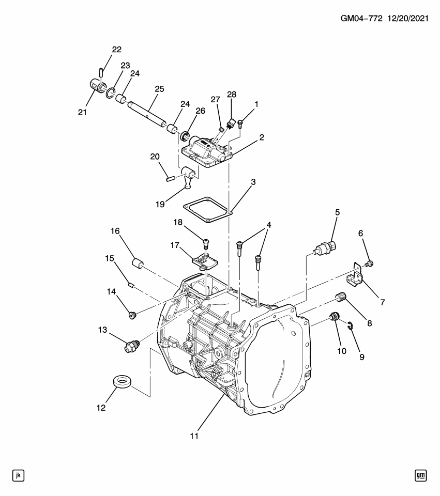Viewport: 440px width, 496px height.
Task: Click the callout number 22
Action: [116, 50]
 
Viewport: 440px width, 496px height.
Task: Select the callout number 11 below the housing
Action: [194, 436]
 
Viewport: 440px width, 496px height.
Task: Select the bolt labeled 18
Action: [206, 242]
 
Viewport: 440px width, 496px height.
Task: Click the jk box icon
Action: [19, 475]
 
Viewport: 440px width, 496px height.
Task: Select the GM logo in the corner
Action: [421, 475]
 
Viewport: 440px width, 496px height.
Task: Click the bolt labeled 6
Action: [369, 265]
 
